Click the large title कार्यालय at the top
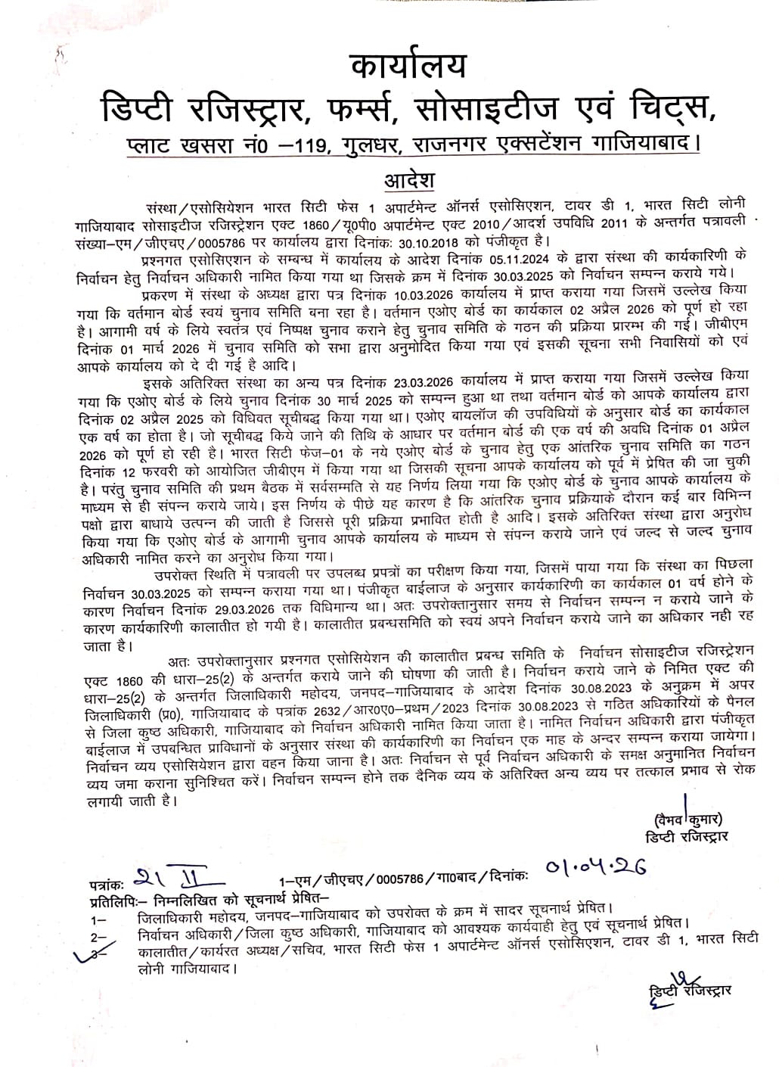(x=409, y=66)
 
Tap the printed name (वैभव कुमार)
(x=685, y=818)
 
